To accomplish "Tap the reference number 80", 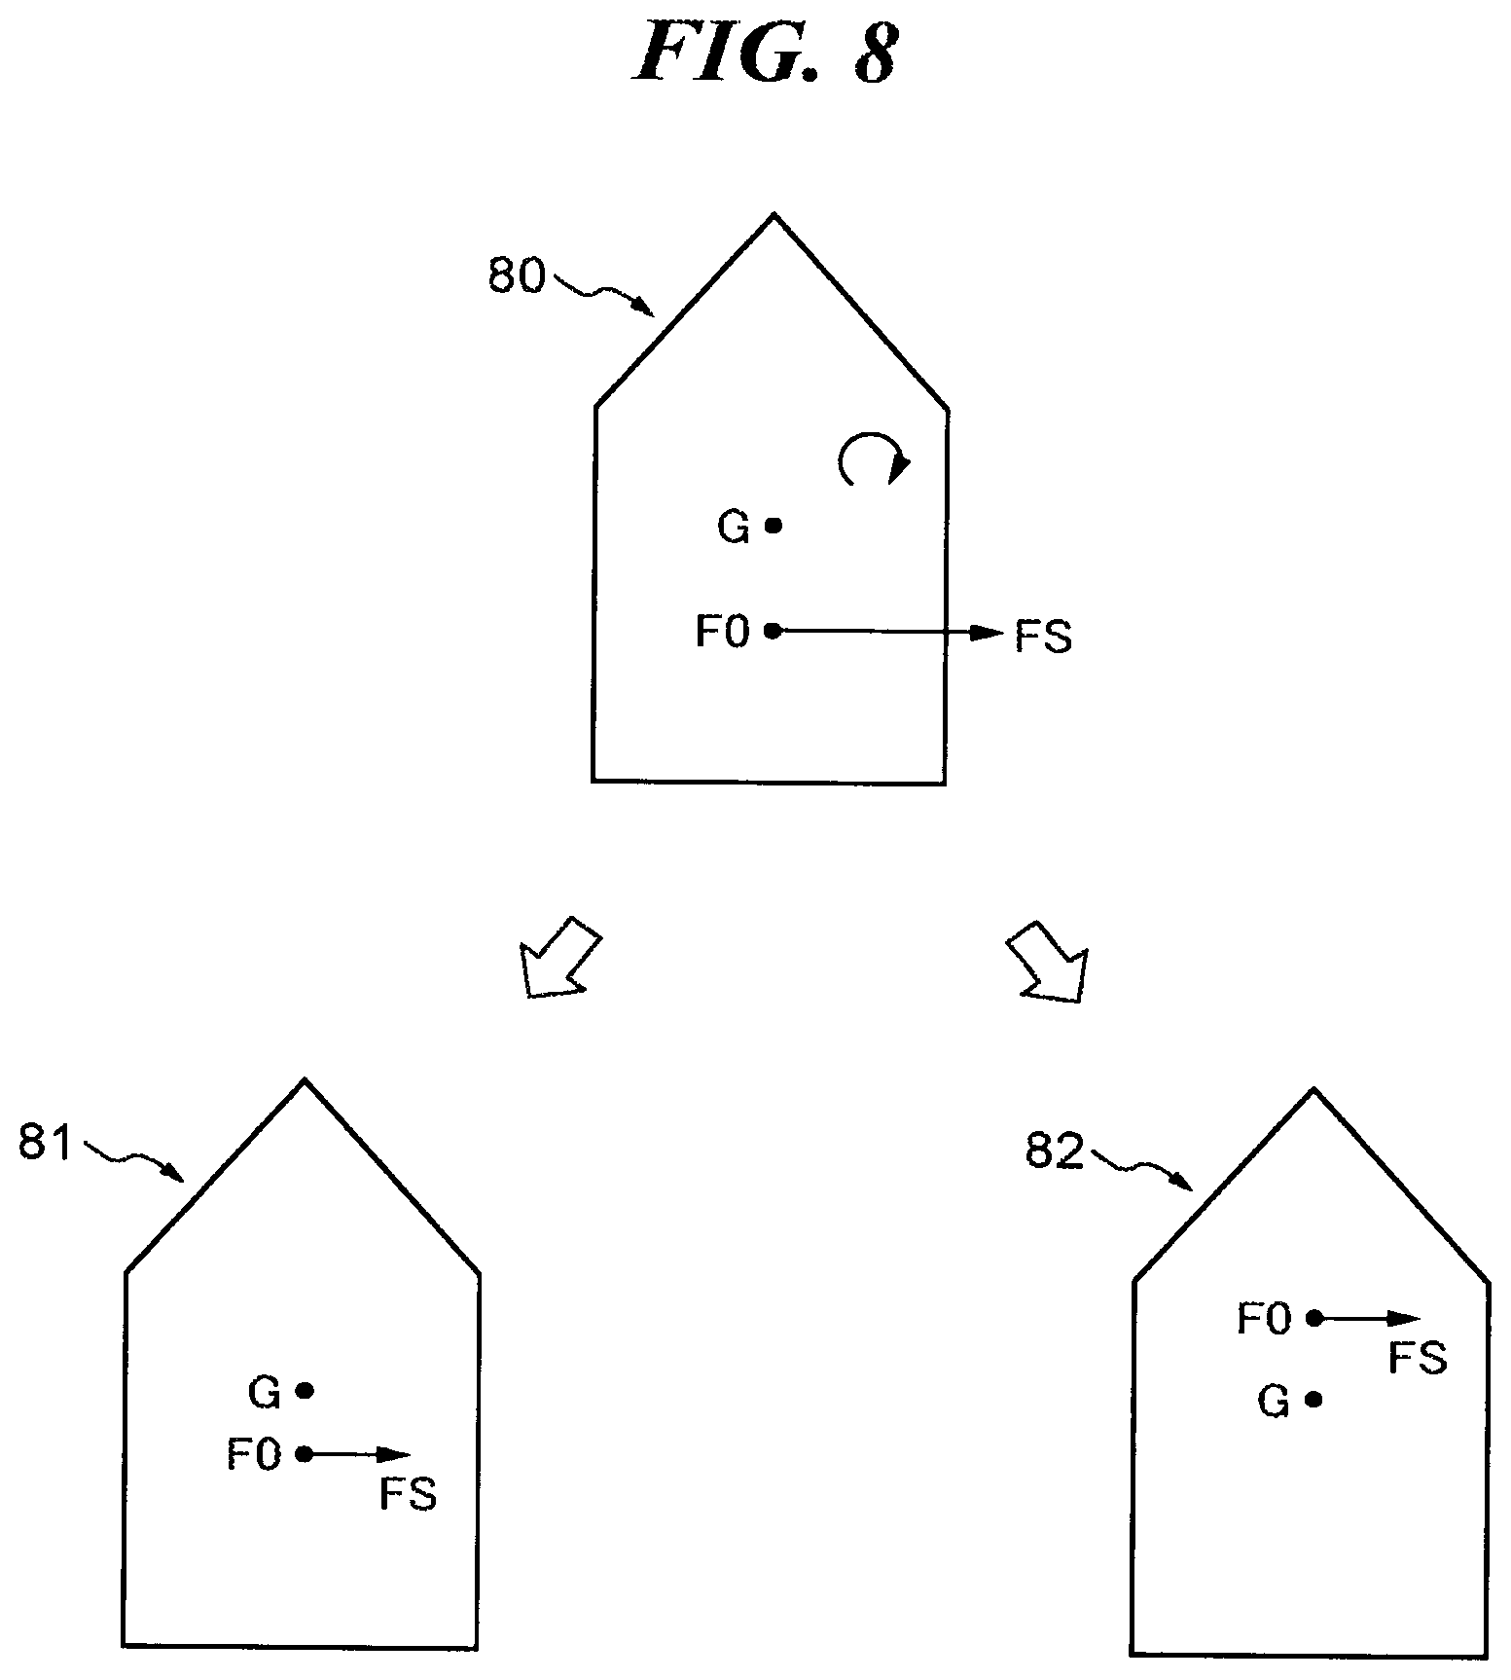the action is (x=516, y=276).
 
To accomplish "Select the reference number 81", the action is (x=46, y=1143).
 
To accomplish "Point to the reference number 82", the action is (x=1055, y=1152).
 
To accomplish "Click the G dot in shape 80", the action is (x=773, y=526).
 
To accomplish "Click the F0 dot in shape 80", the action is (x=773, y=631).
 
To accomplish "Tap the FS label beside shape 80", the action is (x=1043, y=638).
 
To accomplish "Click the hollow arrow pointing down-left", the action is (x=560, y=957).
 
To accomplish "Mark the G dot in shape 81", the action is (x=305, y=1391).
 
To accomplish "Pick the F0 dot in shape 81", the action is (x=305, y=1454).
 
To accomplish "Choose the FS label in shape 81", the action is (x=409, y=1494).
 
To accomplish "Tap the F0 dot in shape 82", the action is (x=1314, y=1319).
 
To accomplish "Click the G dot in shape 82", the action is (x=1314, y=1400).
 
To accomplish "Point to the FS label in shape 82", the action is (x=1419, y=1357).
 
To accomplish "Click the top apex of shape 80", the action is (x=773, y=214).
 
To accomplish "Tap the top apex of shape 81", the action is (x=306, y=1079).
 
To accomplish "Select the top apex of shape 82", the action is (x=1314, y=1089).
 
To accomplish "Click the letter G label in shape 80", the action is (x=734, y=528).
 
